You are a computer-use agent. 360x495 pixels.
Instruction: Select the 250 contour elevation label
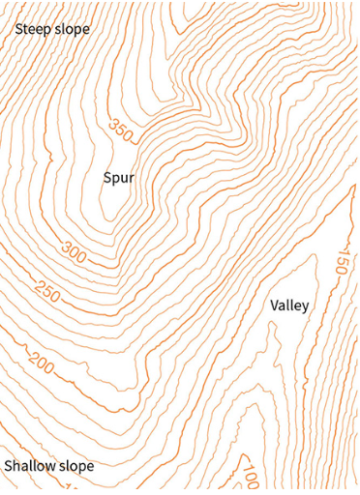(x=46, y=288)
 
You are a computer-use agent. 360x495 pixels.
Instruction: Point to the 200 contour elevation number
(x=42, y=363)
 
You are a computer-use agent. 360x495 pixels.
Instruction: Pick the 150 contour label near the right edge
(x=340, y=261)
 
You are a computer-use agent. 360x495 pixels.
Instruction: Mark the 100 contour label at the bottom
(x=249, y=478)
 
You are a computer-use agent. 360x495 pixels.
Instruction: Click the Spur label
(x=118, y=178)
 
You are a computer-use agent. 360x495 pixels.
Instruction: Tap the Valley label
(x=289, y=306)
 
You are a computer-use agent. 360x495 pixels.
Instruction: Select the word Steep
(x=33, y=29)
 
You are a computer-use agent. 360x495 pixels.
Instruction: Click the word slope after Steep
(x=73, y=29)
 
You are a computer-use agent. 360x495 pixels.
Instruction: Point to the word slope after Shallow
(x=76, y=466)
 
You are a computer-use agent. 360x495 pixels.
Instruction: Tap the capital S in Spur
(x=107, y=177)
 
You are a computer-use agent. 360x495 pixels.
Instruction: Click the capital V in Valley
(x=275, y=305)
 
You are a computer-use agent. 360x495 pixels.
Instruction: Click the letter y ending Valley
(x=306, y=307)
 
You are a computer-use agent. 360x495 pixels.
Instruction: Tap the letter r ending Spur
(x=131, y=178)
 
